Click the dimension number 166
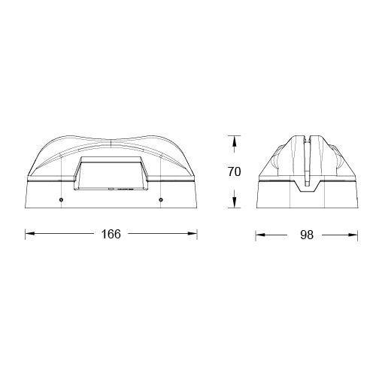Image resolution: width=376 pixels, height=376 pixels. pyautogui.click(x=111, y=234)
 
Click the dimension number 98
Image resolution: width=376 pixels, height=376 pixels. pyautogui.click(x=307, y=235)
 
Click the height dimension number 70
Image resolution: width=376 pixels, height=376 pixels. pyautogui.click(x=234, y=172)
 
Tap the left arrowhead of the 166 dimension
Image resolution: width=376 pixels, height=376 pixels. pyautogui.click(x=30, y=234)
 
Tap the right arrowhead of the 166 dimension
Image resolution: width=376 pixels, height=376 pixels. pyautogui.click(x=193, y=234)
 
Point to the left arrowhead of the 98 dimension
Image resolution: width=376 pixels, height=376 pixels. pyautogui.click(x=260, y=235)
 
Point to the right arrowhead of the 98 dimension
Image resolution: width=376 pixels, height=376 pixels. pyautogui.click(x=353, y=235)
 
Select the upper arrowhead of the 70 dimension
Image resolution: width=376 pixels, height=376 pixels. pyautogui.click(x=234, y=141)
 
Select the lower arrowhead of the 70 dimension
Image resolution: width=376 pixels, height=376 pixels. pyautogui.click(x=234, y=203)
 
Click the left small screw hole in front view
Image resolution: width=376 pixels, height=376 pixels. pyautogui.click(x=61, y=199)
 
